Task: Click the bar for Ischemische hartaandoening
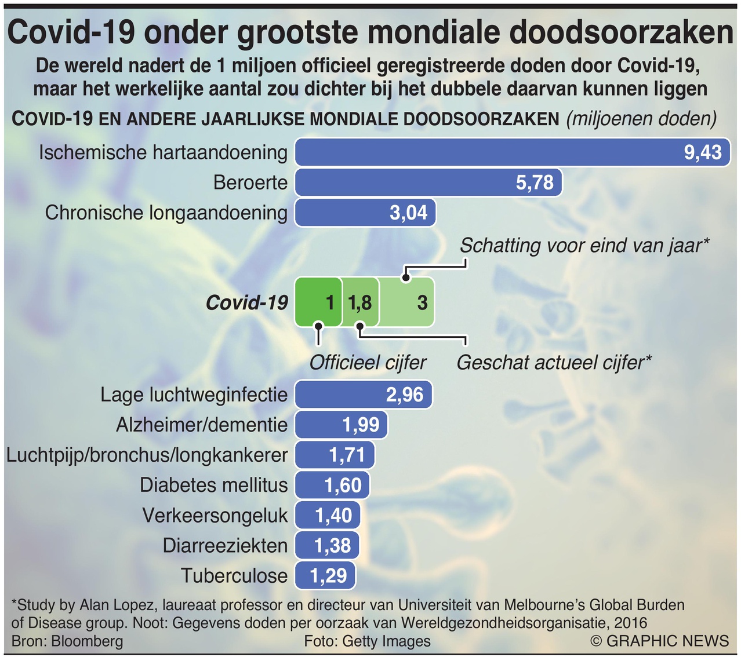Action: [x=513, y=152]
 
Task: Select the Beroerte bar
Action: [x=428, y=183]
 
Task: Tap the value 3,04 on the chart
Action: [x=408, y=213]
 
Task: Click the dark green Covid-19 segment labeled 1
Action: [x=318, y=302]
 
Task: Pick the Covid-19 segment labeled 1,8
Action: [x=360, y=302]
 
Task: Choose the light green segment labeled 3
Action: [x=406, y=302]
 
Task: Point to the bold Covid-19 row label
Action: [x=247, y=302]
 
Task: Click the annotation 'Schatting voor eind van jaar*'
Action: [x=584, y=245]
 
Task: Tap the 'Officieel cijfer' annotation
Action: [x=368, y=363]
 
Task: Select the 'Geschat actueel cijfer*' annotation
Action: [x=554, y=363]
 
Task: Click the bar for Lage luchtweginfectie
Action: [x=364, y=395]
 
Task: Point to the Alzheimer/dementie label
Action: [x=202, y=425]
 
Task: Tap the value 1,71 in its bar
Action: [x=347, y=455]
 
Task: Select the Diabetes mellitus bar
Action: [x=332, y=485]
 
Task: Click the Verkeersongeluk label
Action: [x=215, y=515]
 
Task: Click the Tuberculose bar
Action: [x=325, y=575]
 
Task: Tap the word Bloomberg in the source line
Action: [x=87, y=641]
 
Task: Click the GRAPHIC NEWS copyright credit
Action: [x=660, y=641]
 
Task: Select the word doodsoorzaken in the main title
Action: [x=622, y=32]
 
